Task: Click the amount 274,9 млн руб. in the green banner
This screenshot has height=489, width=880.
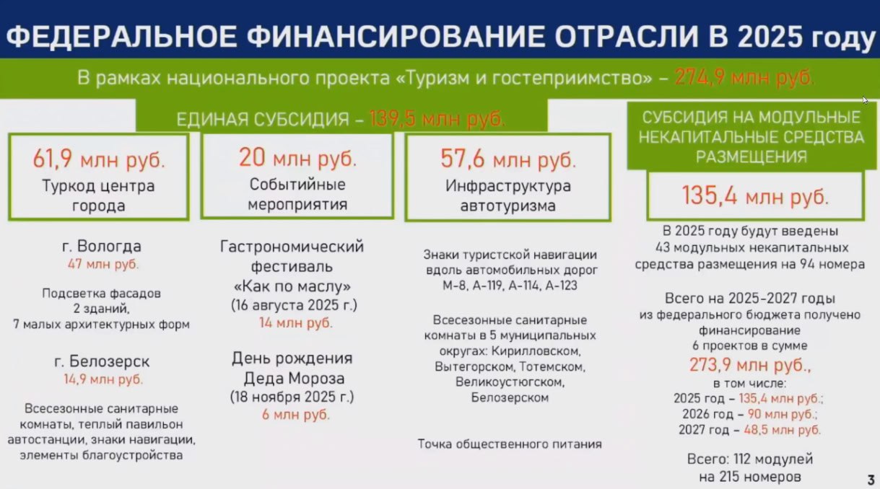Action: tap(744, 78)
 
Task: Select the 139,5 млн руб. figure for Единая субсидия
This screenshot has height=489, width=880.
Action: tap(437, 119)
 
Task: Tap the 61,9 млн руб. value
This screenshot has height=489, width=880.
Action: tap(99, 159)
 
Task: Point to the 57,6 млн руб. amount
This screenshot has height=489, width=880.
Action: tap(508, 159)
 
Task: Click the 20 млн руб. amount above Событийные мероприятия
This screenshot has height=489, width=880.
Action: tap(298, 158)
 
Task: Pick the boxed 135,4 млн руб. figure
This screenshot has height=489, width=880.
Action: tap(755, 195)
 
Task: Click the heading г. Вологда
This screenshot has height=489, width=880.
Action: tap(102, 247)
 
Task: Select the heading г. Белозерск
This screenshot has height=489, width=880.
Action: tap(102, 361)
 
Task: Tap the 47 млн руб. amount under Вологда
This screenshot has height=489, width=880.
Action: tap(103, 264)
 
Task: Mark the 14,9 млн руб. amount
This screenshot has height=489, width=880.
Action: tap(103, 379)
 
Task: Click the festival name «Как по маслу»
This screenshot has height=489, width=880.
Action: tap(292, 286)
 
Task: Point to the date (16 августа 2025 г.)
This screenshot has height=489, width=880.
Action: tap(295, 305)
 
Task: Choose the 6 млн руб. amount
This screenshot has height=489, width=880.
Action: tap(296, 415)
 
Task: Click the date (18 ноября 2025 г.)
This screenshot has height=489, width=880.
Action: tap(292, 397)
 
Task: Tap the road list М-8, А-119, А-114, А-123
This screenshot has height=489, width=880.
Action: tap(510, 286)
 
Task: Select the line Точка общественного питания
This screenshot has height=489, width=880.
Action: tap(510, 444)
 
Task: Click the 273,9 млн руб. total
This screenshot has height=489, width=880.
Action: tap(750, 366)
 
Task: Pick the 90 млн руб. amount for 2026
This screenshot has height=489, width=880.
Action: tap(782, 414)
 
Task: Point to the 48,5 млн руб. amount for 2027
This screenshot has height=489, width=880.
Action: tap(782, 430)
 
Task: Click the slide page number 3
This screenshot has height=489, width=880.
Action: tap(871, 480)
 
